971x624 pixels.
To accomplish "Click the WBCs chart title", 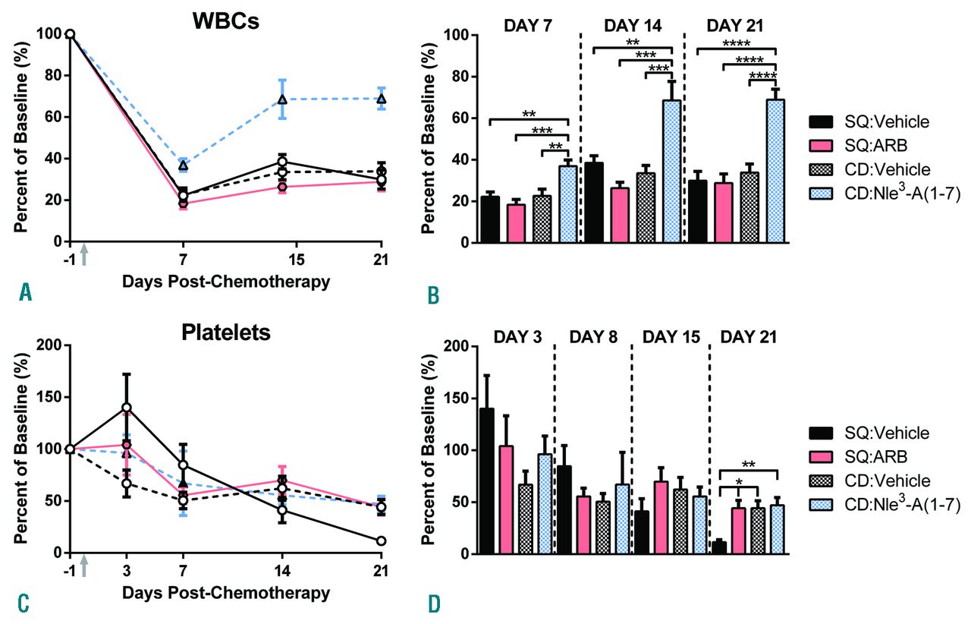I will pyautogui.click(x=225, y=21).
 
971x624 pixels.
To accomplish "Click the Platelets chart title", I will pyautogui.click(x=225, y=333).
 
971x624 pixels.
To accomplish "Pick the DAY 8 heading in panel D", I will pyautogui.click(x=592, y=336).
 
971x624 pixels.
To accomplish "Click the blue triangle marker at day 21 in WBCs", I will pyautogui.click(x=382, y=99).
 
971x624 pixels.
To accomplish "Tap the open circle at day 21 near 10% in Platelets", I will pyautogui.click(x=381, y=541).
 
